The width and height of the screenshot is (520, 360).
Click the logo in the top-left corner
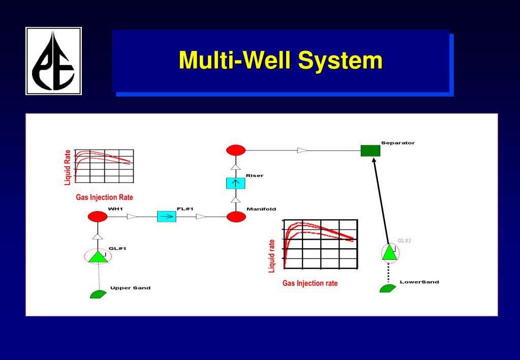[53, 61]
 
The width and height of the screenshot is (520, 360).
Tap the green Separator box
[370, 151]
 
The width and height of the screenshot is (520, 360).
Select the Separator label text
[397, 143]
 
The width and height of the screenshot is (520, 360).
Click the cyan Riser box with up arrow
[236, 183]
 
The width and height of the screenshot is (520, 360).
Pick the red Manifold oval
[236, 217]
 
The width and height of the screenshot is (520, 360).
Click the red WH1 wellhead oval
[98, 217]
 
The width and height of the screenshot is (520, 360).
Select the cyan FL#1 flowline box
[166, 217]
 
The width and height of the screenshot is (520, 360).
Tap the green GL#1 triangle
[97, 256]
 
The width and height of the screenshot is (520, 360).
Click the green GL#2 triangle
[389, 252]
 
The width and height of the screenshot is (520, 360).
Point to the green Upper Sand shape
[98, 294]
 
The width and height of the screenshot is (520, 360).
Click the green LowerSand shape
[387, 288]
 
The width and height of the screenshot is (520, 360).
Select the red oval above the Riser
[236, 150]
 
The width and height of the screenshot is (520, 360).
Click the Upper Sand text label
[130, 288]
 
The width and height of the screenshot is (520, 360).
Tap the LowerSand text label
[419, 282]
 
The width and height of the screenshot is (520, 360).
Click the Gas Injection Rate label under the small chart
[104, 197]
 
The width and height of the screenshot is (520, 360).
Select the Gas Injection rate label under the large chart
[310, 283]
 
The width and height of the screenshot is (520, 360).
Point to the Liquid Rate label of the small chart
[68, 167]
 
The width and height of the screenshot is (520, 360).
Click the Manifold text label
[261, 209]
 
